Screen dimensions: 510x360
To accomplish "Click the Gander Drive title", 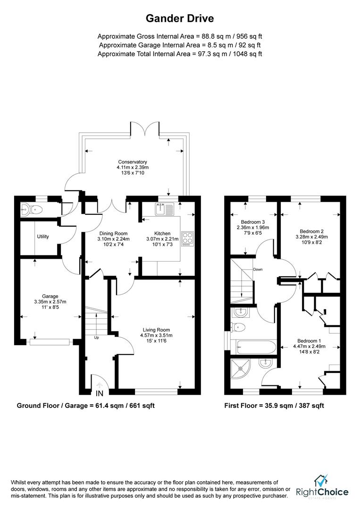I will coord(180,19).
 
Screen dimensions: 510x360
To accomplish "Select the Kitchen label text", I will coord(162,233).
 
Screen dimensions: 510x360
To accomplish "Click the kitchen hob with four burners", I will coord(187,238).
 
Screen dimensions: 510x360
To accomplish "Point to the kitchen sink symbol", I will coord(165,208).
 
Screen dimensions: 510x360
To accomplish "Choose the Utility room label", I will coord(43,237).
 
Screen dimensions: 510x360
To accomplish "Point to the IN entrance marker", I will coord(99,393).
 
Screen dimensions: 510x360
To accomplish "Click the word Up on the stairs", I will coord(97,338).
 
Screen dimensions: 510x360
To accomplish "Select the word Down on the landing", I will coord(258,270).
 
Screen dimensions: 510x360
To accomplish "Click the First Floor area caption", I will coord(274,406).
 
